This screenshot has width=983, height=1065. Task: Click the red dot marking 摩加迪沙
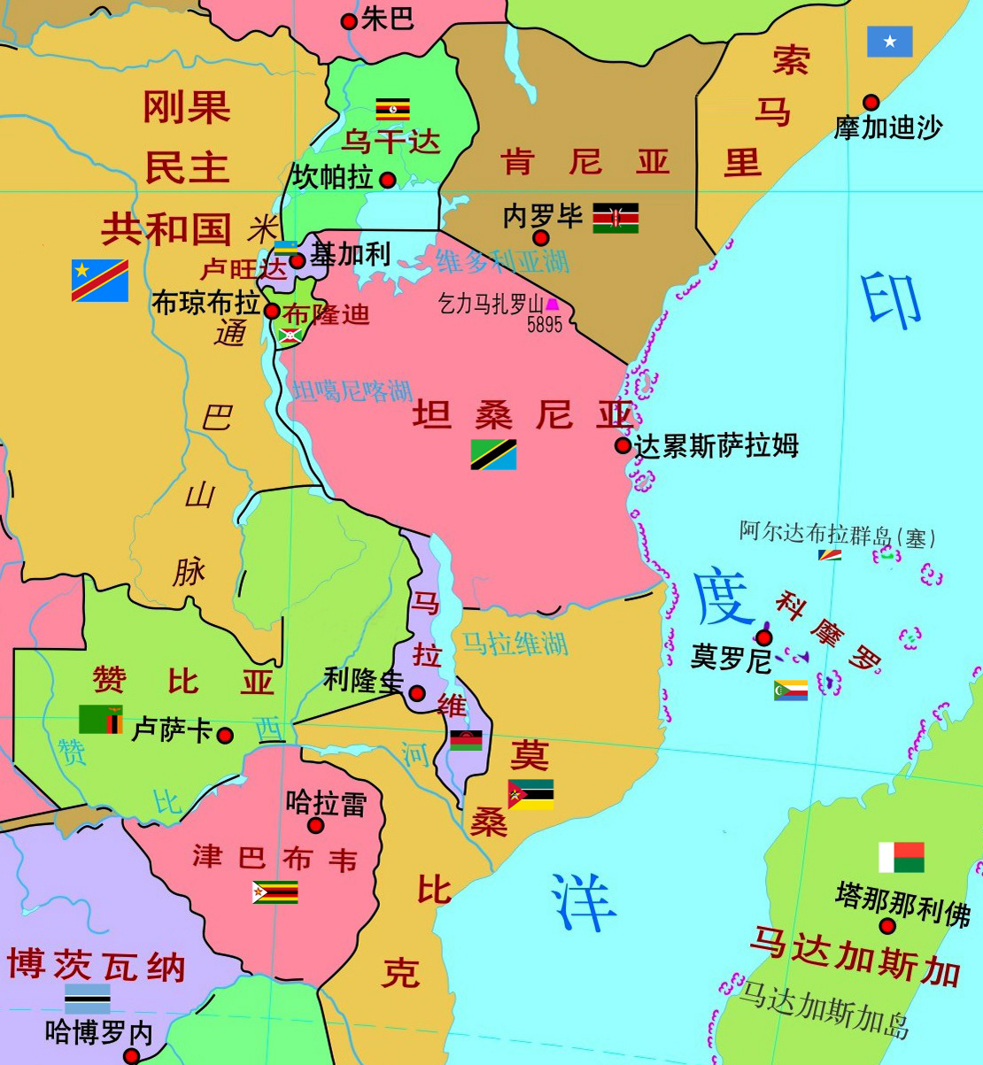[x=871, y=103]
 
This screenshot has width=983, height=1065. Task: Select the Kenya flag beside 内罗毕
[x=615, y=218]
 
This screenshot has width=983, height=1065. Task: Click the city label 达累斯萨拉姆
[x=716, y=445]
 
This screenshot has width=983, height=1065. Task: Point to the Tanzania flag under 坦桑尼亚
[x=493, y=454]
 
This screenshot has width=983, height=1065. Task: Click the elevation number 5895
[x=545, y=325]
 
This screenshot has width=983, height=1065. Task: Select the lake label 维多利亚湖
[x=502, y=260]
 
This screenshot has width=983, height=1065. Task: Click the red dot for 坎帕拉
[x=388, y=181]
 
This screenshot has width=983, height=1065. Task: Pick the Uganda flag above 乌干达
[x=392, y=109]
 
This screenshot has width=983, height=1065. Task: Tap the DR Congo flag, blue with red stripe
[x=100, y=280]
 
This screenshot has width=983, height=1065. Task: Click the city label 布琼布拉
[x=205, y=304]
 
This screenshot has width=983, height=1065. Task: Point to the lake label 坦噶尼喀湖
[x=352, y=390]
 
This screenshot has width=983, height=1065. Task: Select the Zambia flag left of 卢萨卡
[x=101, y=719]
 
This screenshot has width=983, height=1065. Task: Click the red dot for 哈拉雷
[x=316, y=826]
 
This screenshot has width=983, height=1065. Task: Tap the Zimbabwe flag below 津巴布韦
[x=275, y=891]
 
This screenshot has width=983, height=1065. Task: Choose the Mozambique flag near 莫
[x=530, y=794]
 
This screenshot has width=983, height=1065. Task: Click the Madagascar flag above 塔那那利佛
[x=902, y=857]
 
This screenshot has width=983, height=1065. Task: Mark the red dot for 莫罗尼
[x=763, y=637]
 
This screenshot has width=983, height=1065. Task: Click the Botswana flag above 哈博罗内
[x=88, y=999]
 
